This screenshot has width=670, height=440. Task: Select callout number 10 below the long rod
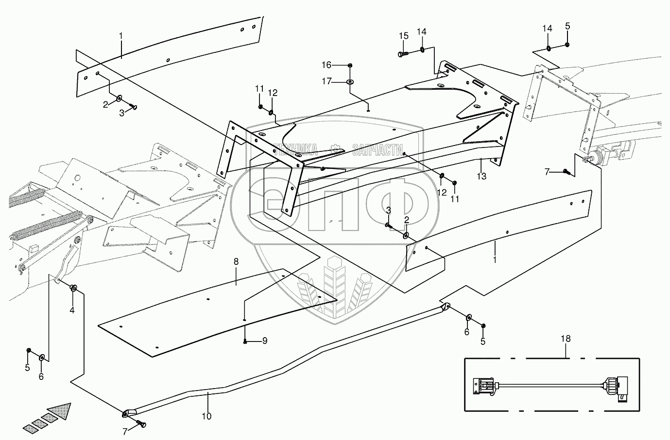point(206,416)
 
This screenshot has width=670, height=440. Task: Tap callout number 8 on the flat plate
point(236,261)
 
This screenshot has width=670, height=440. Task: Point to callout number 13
point(481,177)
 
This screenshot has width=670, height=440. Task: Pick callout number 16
point(339,65)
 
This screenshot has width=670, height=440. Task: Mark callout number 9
point(265,341)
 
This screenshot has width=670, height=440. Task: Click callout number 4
point(72,310)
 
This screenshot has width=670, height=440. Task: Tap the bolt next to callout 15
point(402,54)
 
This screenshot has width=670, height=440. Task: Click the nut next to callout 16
point(350,65)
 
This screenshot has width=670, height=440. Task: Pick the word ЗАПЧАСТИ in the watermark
point(377,149)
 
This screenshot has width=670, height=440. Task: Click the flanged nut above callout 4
point(74,288)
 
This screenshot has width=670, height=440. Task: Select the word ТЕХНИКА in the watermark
point(295,149)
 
